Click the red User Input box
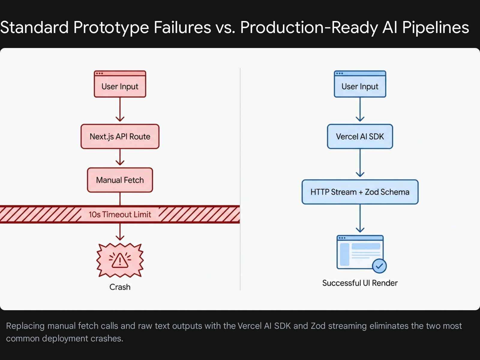(120, 84)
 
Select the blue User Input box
(360, 84)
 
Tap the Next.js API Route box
(120, 136)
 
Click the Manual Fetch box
(120, 180)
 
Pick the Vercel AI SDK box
(360, 136)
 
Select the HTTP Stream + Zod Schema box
(360, 192)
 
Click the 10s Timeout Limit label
(120, 214)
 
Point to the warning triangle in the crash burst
(120, 260)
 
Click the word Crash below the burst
(120, 287)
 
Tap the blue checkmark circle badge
(379, 266)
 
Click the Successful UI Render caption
(360, 283)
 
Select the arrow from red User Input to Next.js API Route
(120, 109)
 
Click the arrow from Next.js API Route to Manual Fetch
(120, 157)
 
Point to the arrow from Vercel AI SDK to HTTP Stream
(360, 163)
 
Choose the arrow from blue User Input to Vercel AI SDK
(360, 109)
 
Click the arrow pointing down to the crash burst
(120, 232)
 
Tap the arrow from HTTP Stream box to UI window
(360, 218)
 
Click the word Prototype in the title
(111, 28)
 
